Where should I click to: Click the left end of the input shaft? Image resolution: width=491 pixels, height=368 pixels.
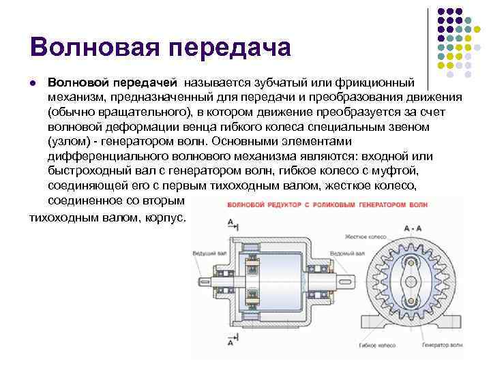pyautogui.click(x=200, y=281)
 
